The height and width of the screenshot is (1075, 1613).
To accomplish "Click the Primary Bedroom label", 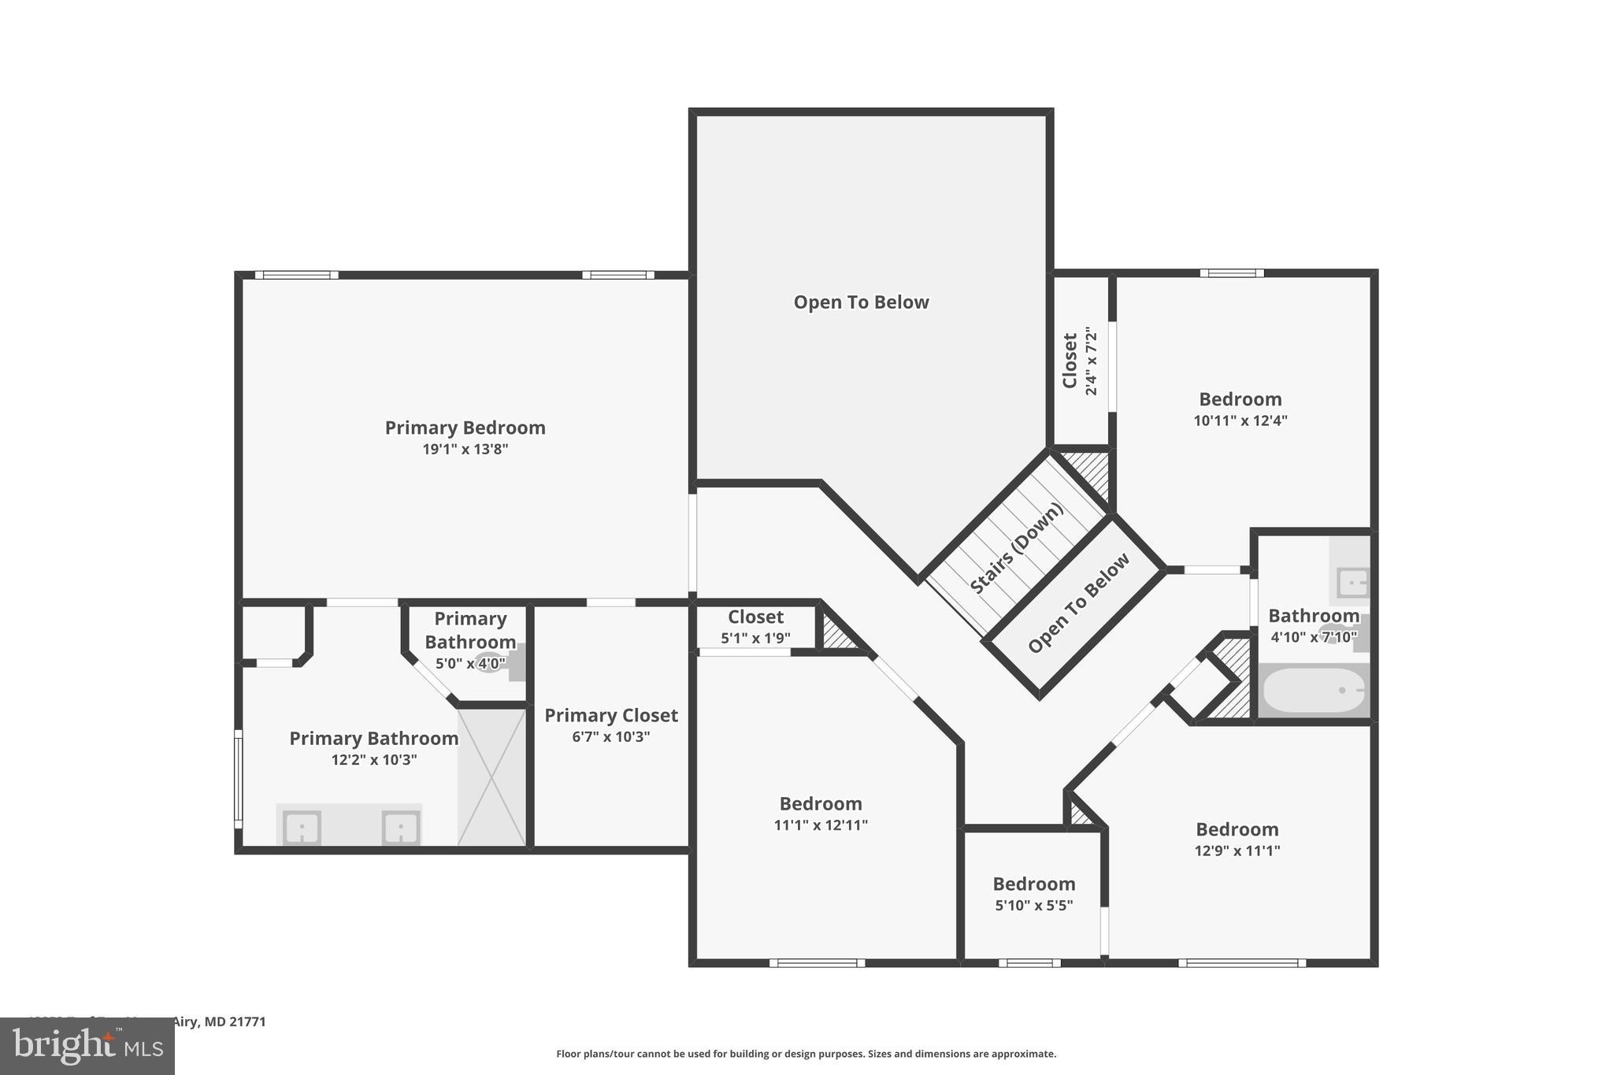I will click(x=465, y=428).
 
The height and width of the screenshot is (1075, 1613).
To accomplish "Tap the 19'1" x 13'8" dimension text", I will click(x=465, y=450).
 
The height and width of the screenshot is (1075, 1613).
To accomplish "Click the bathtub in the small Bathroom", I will click(x=1313, y=690).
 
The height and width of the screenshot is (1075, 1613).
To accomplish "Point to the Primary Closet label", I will click(x=610, y=715).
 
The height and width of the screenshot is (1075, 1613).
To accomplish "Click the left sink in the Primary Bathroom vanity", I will click(x=301, y=828).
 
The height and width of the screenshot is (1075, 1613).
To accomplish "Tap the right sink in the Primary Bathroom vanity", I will click(x=400, y=828).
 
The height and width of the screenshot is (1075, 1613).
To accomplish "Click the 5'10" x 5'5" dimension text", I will click(x=1033, y=906).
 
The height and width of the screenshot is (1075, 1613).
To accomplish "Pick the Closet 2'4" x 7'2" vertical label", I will click(x=1079, y=361).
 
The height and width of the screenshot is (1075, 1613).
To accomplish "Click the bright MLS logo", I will click(x=87, y=1046).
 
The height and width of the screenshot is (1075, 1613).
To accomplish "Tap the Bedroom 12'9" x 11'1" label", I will click(x=1237, y=829).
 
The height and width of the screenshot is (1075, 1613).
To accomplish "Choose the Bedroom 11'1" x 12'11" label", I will click(x=821, y=804).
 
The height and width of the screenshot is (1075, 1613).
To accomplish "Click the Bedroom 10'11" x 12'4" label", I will click(x=1240, y=399).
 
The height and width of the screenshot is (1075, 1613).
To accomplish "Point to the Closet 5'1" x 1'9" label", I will click(x=755, y=617).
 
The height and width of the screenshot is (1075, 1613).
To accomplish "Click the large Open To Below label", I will click(x=861, y=302).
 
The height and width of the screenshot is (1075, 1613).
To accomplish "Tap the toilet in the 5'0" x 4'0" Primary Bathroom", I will click(x=490, y=662).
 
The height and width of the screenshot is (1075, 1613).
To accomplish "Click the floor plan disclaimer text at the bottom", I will click(x=806, y=1054).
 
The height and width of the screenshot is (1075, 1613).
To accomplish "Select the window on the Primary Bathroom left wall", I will click(x=238, y=778).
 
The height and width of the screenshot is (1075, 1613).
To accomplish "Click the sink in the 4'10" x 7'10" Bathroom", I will click(x=1352, y=583).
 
